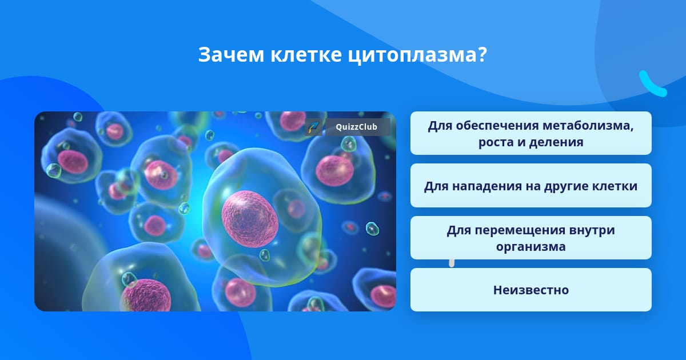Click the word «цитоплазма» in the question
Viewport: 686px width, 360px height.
[413, 55]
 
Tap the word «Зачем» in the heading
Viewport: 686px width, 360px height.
[231, 55]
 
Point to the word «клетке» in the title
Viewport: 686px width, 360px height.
[306, 55]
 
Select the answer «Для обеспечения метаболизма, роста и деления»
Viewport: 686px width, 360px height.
[531, 133]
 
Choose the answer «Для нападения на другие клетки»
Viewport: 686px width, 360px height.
[531, 186]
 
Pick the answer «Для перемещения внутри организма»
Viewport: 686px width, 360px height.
[531, 238]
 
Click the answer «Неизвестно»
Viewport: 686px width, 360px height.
[531, 290]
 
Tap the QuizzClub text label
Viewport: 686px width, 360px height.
[357, 127]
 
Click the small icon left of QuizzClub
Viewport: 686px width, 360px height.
[314, 127]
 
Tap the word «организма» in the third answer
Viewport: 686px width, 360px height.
[531, 247]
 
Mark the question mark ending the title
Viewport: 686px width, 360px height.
[482, 54]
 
